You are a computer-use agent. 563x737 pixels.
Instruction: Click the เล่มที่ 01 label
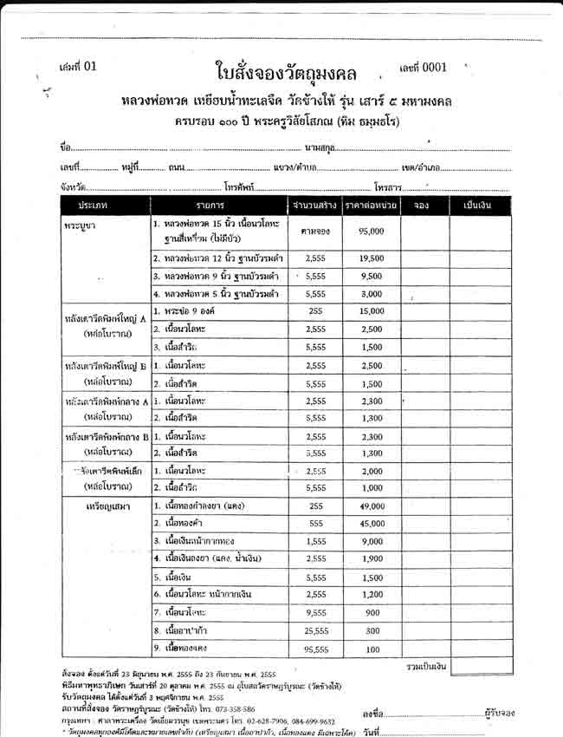80,67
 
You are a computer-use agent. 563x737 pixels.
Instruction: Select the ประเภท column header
91,205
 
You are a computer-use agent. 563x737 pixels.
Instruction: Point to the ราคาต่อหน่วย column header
371,205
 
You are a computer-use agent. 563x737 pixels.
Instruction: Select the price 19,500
371,258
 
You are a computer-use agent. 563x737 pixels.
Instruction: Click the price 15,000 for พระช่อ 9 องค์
371,310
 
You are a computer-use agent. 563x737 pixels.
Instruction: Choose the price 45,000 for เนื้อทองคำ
371,524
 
